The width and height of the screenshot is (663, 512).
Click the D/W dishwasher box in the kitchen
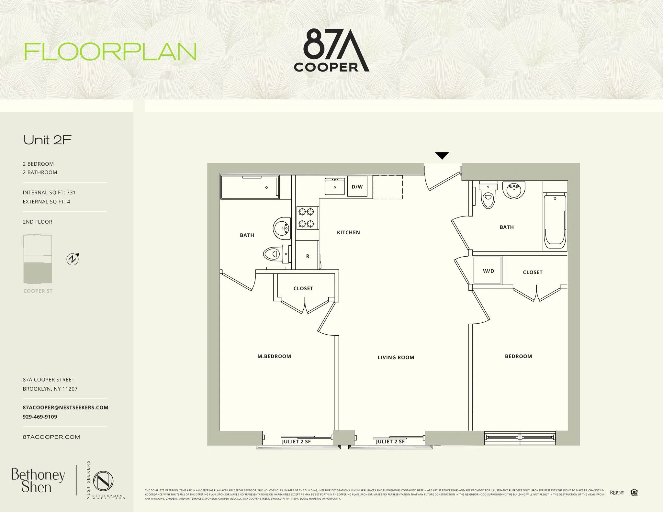point(357,186)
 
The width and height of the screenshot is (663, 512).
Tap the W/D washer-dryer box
point(488,271)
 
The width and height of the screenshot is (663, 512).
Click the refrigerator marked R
point(307,256)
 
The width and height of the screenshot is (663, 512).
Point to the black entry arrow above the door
point(442,156)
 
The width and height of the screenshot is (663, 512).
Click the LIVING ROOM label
point(396,357)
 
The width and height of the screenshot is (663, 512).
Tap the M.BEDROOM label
point(274,356)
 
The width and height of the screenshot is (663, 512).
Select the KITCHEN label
point(348,232)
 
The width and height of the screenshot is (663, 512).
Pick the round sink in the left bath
point(282,228)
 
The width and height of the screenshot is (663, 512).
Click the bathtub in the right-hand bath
point(555,220)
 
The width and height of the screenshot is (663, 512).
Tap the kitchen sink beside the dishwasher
point(335,186)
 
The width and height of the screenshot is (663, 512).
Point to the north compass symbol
point(73,259)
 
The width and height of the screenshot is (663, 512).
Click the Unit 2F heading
point(47,140)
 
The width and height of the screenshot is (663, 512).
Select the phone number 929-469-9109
point(40,417)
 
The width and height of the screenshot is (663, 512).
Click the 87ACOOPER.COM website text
point(51,437)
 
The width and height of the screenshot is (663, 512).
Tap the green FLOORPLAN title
point(110,52)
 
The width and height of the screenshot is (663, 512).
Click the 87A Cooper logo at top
point(331,50)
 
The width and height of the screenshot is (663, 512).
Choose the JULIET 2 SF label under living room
point(390,441)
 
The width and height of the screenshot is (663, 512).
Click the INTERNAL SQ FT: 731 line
point(49,193)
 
